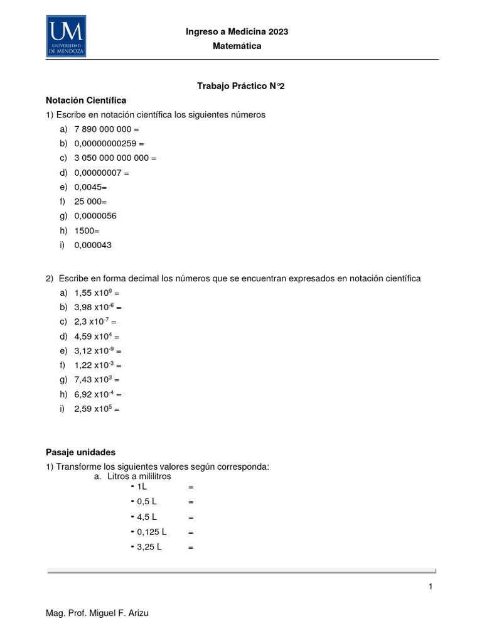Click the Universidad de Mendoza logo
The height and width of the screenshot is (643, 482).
tap(66, 36)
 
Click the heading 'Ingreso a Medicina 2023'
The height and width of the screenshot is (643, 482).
tap(237, 32)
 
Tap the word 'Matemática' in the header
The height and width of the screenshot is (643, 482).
tap(237, 46)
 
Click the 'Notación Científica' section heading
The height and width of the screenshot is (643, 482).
tap(87, 100)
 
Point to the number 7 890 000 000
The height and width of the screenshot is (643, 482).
tap(102, 129)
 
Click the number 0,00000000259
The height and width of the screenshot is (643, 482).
tap(105, 144)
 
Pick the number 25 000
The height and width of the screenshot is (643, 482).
tap(88, 202)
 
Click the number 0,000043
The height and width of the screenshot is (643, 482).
tap(93, 245)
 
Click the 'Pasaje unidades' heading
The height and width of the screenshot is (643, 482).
tap(81, 452)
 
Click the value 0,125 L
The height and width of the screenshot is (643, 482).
tap(151, 532)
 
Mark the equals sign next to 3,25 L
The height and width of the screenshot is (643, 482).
tap(191, 547)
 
